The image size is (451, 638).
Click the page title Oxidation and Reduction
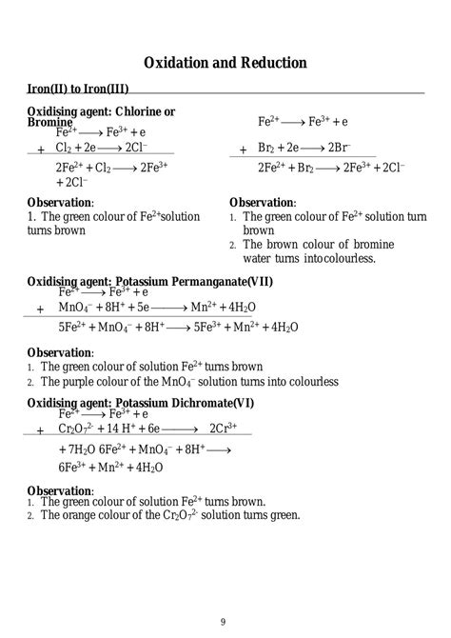click(225, 63)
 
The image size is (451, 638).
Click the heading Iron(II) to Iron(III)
click(78, 89)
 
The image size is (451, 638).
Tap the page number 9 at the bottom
click(224, 622)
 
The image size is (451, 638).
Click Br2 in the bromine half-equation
click(268, 150)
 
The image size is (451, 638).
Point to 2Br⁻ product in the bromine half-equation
click(339, 150)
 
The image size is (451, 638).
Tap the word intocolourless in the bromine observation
click(335, 258)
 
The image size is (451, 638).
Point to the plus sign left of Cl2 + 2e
click(40, 150)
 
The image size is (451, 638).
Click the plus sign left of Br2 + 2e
click(243, 150)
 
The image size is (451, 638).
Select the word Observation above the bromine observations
click(262, 203)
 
